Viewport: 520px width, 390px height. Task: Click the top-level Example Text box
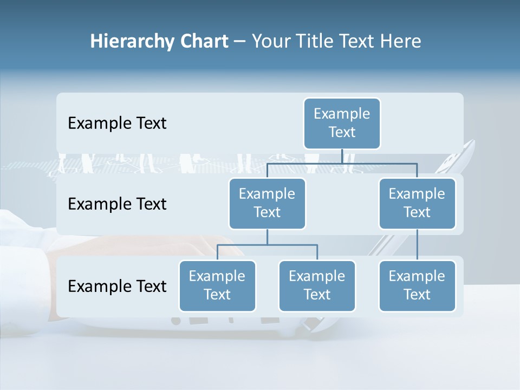[342, 123]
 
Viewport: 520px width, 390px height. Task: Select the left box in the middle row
[267, 203]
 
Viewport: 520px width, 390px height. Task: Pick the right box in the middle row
[417, 203]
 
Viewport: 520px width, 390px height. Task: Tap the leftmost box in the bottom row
[217, 285]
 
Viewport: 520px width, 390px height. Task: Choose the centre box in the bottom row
[317, 285]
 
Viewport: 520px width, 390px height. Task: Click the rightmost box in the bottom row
[417, 285]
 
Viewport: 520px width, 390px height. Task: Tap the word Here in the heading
[401, 41]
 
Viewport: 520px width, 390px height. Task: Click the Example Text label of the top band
[117, 123]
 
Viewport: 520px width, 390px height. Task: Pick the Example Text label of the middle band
[117, 204]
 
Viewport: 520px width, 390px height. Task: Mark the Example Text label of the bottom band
[117, 286]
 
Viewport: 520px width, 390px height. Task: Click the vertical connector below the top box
[342, 156]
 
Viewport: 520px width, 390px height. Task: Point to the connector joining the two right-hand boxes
[417, 244]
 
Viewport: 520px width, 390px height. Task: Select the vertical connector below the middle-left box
[267, 237]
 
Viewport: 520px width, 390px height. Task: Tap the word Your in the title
[271, 41]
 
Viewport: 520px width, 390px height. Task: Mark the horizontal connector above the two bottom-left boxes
[267, 245]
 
